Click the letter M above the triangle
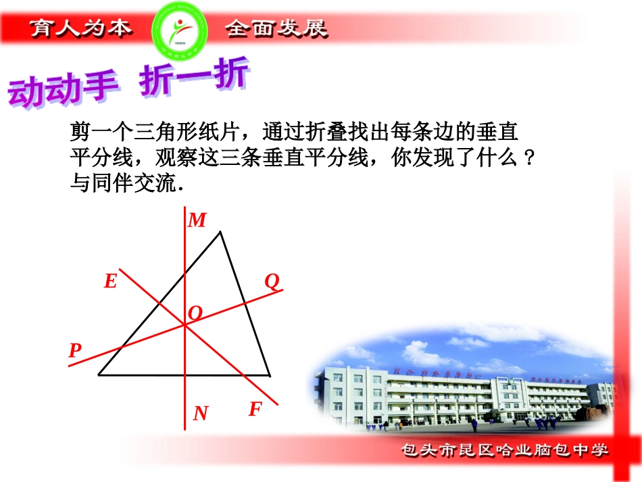pos(197,220)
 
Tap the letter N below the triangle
pos(201,413)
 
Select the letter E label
pos(110,281)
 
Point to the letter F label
pos(255,409)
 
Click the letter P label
pos(75,350)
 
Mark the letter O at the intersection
pos(195,313)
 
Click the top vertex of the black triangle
pos(220,233)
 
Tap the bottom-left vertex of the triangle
pos(99,374)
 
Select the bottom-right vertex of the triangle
pos(270,375)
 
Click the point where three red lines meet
pos(184,325)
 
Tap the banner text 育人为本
pos(80,28)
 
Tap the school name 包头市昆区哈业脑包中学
pos(505,450)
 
